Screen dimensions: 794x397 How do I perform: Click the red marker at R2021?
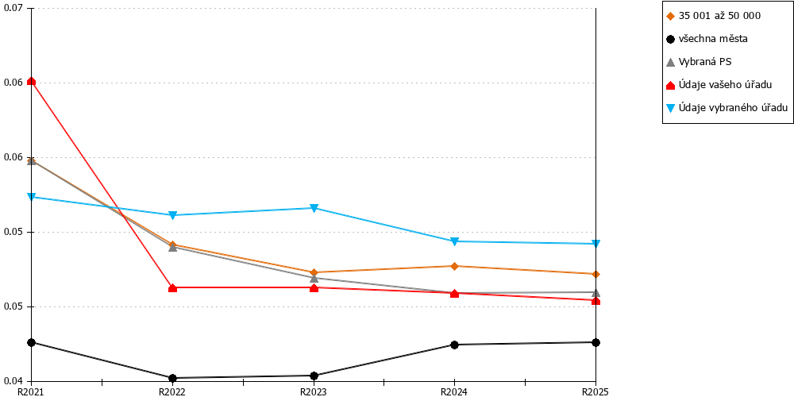(32, 81)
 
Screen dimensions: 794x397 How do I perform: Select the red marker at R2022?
(172, 287)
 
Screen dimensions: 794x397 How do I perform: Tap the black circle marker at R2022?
(172, 378)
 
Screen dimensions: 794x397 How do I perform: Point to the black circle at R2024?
(454, 345)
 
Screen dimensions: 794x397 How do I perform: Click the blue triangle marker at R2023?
(314, 208)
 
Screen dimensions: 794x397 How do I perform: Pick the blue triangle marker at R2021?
(32, 197)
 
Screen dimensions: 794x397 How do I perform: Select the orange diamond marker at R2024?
(454, 266)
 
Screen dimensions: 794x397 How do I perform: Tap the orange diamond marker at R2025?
(596, 275)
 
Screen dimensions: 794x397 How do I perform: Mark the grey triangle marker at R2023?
(314, 277)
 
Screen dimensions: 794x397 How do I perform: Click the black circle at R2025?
(596, 342)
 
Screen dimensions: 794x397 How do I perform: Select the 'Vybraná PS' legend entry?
(700, 62)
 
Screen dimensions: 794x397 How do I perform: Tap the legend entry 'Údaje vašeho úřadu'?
(719, 85)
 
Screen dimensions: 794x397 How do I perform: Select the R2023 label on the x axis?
(314, 391)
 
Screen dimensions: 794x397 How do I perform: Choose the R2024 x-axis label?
(454, 391)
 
